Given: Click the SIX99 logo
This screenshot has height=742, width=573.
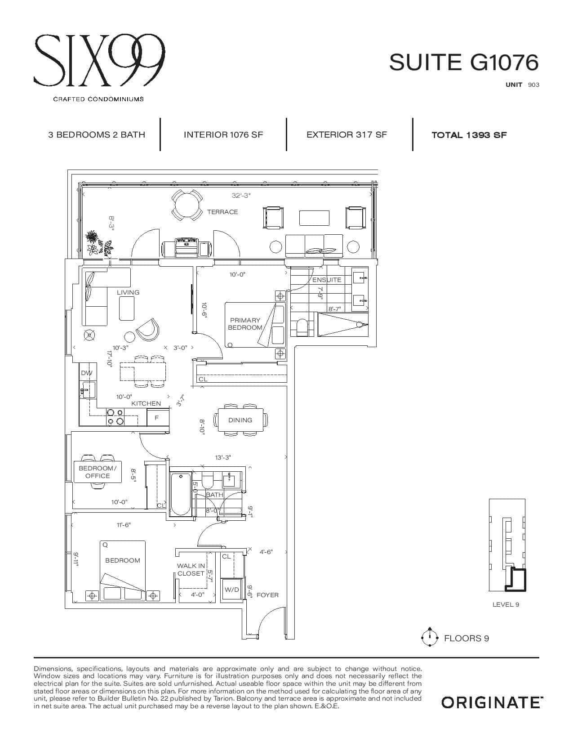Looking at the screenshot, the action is tap(99, 60).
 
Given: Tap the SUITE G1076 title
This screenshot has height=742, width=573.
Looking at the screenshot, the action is tap(464, 62).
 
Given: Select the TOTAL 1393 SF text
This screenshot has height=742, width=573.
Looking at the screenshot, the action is tap(469, 135).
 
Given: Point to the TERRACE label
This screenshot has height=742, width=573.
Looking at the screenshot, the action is tap(222, 212).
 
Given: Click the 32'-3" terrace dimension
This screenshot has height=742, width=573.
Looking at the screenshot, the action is tap(241, 196).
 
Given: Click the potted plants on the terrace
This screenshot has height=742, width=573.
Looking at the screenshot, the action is tap(99, 243).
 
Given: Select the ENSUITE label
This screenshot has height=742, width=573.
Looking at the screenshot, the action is tap(327, 280).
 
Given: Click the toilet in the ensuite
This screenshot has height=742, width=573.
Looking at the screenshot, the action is tap(302, 327).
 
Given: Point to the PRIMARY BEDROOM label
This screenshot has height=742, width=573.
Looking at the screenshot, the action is tap(245, 324).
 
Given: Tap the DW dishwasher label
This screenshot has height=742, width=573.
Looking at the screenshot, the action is tap(87, 373).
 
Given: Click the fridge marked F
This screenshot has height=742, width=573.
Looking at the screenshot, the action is tap(158, 417).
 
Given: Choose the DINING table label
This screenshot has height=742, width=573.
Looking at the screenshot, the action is tap(240, 420).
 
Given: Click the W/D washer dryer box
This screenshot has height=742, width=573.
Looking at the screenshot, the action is tap(232, 590).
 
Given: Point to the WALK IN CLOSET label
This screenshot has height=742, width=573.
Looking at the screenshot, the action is tap(191, 570).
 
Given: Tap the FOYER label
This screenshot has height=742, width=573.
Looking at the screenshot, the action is tap(267, 595).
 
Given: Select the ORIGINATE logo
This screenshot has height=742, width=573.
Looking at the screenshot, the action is tap(492, 703).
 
